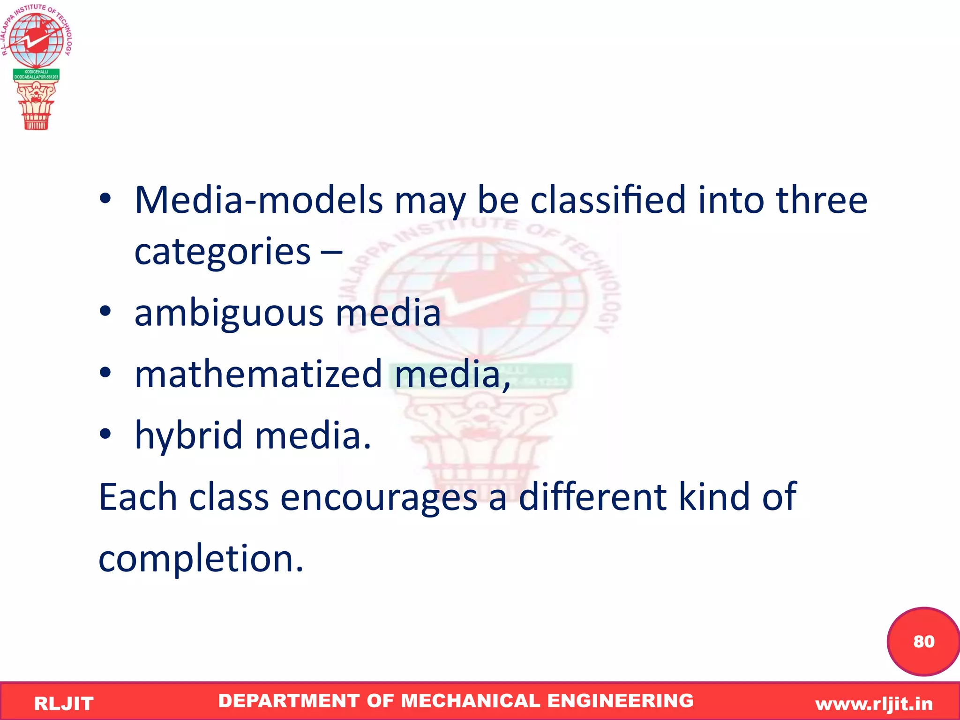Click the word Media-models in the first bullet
pyautogui.click(x=258, y=201)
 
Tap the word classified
pyautogui.click(x=608, y=201)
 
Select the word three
pyautogui.click(x=821, y=201)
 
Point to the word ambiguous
pyautogui.click(x=229, y=314)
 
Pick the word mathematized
pyautogui.click(x=258, y=375)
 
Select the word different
pyautogui.click(x=592, y=497)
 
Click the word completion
pyautogui.click(x=201, y=560)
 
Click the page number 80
pyautogui.click(x=923, y=642)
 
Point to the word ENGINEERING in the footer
pyautogui.click(x=620, y=701)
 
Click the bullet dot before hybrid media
pyautogui.click(x=105, y=434)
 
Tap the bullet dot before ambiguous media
pyautogui.click(x=105, y=311)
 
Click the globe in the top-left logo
pyautogui.click(x=36, y=40)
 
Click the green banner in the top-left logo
pyautogui.click(x=36, y=75)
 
